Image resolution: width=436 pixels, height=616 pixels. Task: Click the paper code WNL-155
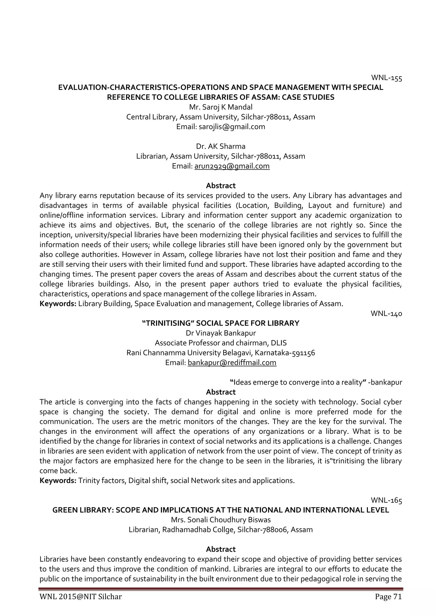(386, 78)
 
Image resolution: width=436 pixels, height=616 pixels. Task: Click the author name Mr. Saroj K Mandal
(221, 107)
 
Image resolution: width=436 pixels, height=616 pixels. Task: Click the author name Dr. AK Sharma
(221, 146)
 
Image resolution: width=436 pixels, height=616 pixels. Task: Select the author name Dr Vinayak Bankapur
(221, 333)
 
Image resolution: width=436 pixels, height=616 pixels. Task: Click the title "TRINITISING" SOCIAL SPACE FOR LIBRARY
(221, 323)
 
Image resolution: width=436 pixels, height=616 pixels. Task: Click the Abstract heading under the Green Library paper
(221, 549)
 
